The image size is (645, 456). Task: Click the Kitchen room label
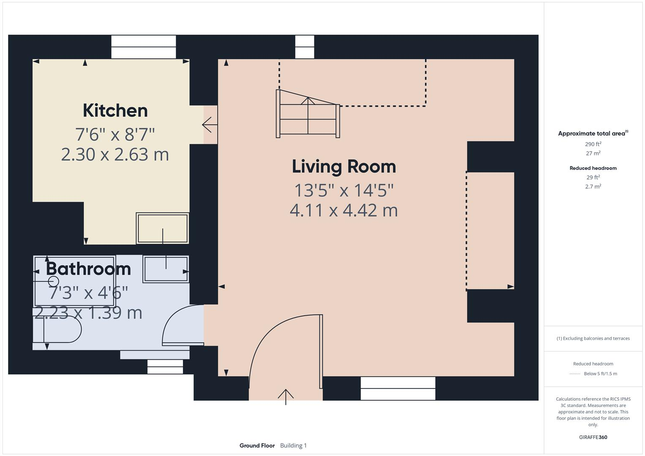point(115,111)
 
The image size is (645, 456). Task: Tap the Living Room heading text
point(344,166)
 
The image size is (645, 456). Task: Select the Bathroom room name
point(88,269)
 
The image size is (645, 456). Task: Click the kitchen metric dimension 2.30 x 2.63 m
point(115,155)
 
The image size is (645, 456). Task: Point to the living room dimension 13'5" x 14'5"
point(344,190)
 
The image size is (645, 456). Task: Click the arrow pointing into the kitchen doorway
point(210,125)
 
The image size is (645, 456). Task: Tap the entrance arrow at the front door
point(286,396)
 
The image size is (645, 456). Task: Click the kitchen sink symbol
point(163,228)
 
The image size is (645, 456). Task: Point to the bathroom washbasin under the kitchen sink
point(166,269)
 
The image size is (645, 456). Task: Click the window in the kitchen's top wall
point(144,47)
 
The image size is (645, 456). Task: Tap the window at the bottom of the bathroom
point(165,366)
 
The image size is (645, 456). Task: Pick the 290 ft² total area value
point(593,144)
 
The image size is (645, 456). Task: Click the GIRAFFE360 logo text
point(593,437)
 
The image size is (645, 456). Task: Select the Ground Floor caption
point(257,445)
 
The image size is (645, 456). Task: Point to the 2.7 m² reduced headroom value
point(593,186)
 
